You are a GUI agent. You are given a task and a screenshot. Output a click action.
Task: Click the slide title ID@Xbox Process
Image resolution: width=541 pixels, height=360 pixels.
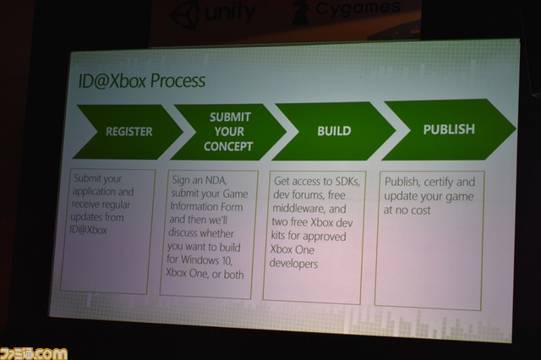[x=142, y=81]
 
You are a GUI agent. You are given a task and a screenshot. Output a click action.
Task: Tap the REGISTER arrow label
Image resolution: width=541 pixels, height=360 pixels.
[x=129, y=131]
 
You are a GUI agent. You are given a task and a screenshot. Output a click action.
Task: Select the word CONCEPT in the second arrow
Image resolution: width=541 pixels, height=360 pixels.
[x=228, y=146]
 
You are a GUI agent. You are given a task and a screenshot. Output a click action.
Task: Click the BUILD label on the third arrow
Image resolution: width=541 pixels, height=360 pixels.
[x=334, y=131]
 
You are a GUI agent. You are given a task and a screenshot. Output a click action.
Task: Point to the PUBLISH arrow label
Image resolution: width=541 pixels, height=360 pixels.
[x=449, y=129]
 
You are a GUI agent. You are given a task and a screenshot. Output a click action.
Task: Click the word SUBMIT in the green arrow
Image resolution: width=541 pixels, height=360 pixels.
[x=230, y=117]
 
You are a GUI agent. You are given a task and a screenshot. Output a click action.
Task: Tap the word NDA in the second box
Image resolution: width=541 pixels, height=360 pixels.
[x=216, y=180]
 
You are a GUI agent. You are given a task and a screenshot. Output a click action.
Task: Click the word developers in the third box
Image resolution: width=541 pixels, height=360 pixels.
[x=293, y=264]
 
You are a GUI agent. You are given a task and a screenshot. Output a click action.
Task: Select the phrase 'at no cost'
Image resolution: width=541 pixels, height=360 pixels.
[x=407, y=210]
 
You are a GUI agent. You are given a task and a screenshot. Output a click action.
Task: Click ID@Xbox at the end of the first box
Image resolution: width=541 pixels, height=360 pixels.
[x=88, y=230]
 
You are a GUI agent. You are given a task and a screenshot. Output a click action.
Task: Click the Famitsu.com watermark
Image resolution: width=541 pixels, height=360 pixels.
[x=34, y=353]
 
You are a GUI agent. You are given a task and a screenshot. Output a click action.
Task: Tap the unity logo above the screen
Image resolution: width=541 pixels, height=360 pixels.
[x=214, y=14]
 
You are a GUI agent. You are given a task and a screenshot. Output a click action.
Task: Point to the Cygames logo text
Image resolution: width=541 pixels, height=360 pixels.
[x=358, y=8]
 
